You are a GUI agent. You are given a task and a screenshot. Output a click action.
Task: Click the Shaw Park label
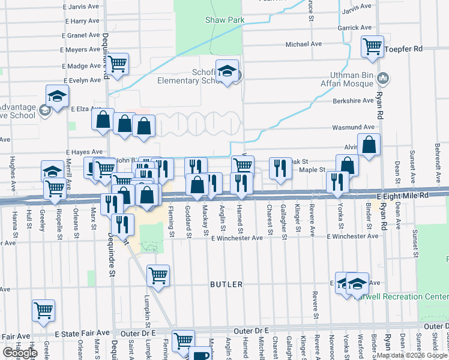225,20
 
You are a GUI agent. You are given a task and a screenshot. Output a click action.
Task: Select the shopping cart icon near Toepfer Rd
373,46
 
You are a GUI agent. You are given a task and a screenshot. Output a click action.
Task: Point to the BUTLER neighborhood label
226,284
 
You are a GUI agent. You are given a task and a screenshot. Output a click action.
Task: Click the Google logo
20,353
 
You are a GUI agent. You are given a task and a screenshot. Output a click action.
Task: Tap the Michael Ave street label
304,44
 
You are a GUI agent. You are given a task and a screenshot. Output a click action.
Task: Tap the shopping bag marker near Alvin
369,145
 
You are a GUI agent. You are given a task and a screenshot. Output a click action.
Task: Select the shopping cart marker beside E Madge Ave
118,63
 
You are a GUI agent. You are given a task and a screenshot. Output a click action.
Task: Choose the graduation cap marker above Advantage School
57,97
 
